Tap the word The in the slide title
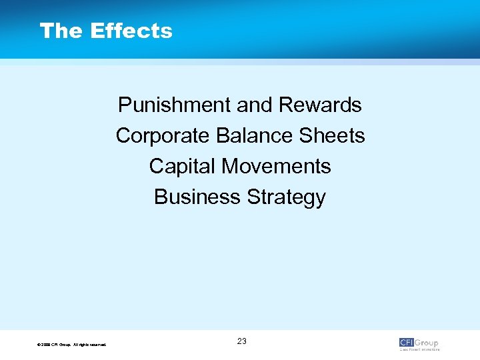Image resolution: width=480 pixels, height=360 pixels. (x=61, y=31)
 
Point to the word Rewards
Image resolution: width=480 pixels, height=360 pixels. (x=320, y=105)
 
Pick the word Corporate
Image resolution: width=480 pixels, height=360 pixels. (x=163, y=136)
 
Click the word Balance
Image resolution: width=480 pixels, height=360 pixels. (x=255, y=136)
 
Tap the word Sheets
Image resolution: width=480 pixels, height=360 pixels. (x=333, y=136)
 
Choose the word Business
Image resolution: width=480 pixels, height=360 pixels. (x=198, y=197)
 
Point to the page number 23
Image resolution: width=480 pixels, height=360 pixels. (x=241, y=341)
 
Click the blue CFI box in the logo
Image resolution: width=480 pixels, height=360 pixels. (x=407, y=343)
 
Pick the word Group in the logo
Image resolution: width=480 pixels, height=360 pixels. (x=427, y=343)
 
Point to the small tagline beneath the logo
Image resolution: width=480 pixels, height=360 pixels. (x=420, y=349)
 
